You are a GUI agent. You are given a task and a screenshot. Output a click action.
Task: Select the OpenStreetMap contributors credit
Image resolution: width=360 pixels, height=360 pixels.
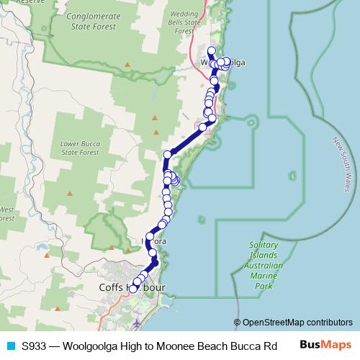[293, 322]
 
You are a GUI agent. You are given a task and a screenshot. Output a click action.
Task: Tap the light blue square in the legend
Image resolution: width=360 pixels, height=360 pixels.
[9, 346]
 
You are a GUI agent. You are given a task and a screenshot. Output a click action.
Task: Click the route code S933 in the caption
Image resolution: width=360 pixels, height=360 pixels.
[35, 346]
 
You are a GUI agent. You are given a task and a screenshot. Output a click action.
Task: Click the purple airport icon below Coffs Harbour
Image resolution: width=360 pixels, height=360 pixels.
[138, 321]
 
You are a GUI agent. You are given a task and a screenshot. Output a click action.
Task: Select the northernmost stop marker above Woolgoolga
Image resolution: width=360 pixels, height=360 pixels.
[211, 50]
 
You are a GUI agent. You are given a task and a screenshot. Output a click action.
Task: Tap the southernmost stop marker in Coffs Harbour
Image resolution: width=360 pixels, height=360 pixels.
[133, 289]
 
